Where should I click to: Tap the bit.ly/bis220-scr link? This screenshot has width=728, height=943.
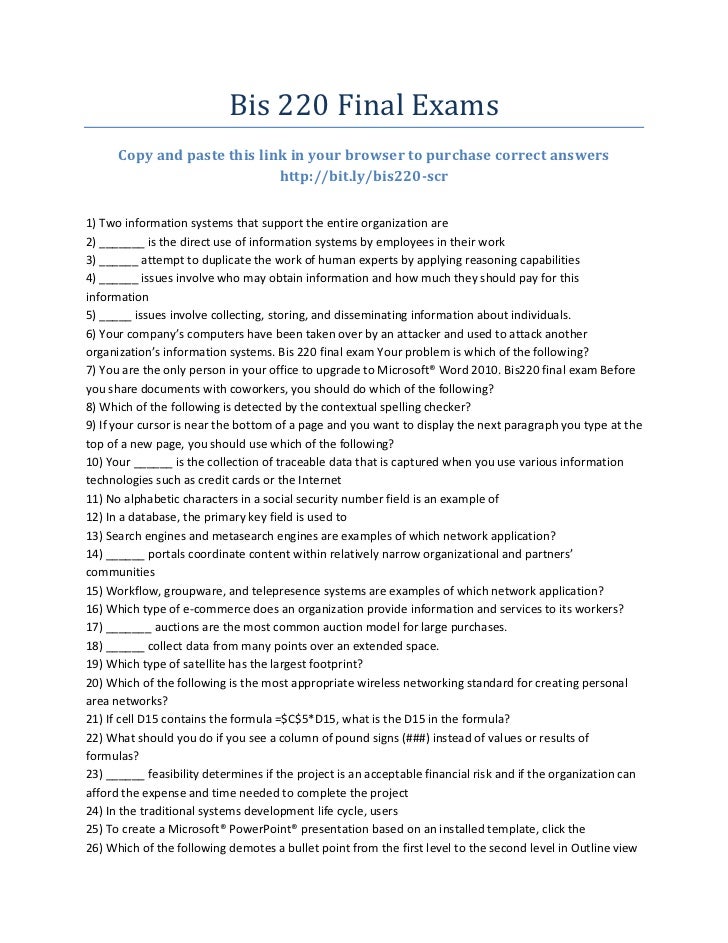click(x=363, y=177)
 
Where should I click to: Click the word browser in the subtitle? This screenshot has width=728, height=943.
click(x=381, y=156)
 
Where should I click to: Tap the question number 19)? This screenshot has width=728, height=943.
click(x=97, y=664)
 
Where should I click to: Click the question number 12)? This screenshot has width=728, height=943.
click(x=97, y=517)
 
